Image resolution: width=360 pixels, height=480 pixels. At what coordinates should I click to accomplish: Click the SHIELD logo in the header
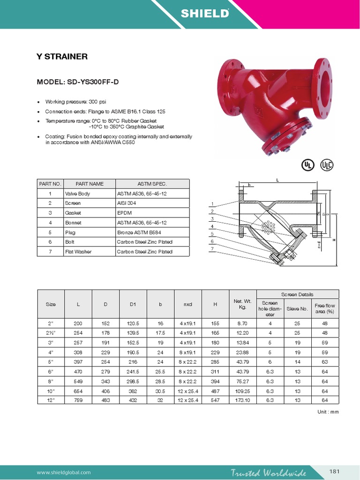[205, 14]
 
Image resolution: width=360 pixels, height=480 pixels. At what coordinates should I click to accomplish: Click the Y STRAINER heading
[62, 57]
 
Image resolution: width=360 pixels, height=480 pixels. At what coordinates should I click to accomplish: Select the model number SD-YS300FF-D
[78, 82]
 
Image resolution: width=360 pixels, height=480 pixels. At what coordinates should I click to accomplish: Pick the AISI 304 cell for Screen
[126, 203]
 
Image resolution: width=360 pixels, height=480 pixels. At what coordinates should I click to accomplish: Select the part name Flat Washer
[78, 252]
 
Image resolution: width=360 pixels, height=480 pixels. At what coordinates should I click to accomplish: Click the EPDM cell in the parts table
[124, 213]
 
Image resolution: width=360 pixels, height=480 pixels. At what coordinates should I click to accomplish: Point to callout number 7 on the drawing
[212, 248]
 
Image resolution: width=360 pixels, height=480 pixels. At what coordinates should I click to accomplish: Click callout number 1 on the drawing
[212, 204]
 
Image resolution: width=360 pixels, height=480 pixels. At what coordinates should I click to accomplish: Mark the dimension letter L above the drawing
[277, 180]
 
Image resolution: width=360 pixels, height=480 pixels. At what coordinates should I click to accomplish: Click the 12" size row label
[51, 400]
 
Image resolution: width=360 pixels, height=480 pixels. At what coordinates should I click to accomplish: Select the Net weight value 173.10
[243, 400]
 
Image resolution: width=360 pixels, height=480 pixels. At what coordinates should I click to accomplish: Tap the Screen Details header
[297, 294]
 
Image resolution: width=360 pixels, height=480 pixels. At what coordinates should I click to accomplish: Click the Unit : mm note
[328, 412]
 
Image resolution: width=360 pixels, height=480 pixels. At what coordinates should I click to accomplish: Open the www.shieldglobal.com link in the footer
[64, 472]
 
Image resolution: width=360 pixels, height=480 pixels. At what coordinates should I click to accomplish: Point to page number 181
[335, 471]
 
